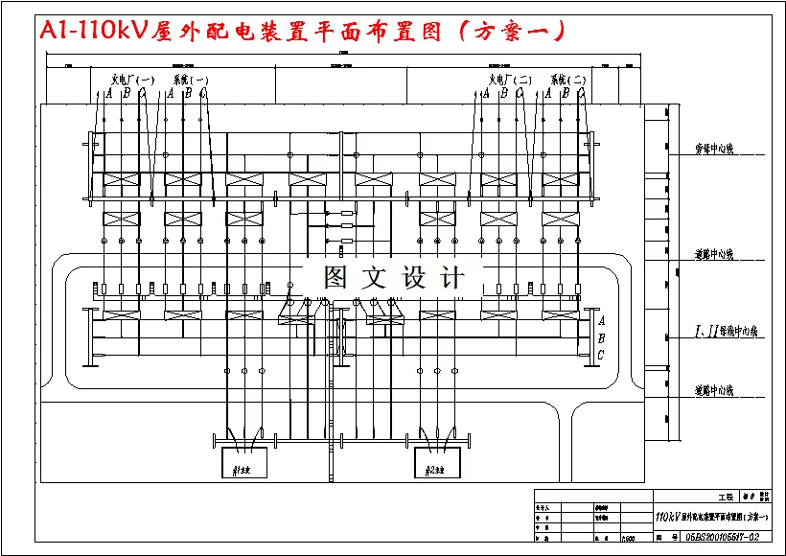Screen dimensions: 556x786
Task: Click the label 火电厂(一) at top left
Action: (132, 80)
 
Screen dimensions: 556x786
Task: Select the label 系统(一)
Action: (189, 80)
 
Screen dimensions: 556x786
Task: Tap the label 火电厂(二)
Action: (511, 80)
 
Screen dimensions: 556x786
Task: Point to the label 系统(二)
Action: (567, 80)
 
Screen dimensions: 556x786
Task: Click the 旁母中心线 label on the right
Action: (714, 151)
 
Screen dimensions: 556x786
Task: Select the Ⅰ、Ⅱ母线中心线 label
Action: (726, 332)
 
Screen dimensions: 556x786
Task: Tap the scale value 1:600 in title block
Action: (629, 539)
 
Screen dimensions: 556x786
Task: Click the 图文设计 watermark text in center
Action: (394, 279)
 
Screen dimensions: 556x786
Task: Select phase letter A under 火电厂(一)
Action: (109, 94)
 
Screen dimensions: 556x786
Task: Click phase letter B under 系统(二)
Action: (566, 94)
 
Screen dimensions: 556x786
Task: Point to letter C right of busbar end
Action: (601, 355)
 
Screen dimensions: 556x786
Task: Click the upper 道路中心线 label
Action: (714, 255)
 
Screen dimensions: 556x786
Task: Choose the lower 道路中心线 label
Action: (714, 390)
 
